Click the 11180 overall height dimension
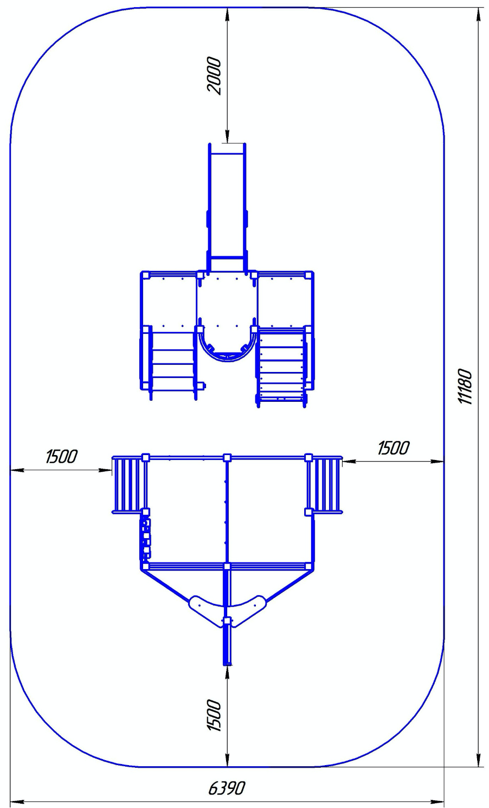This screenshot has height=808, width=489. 465,387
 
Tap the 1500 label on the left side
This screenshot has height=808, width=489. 61,457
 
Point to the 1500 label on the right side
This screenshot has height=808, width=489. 393,448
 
